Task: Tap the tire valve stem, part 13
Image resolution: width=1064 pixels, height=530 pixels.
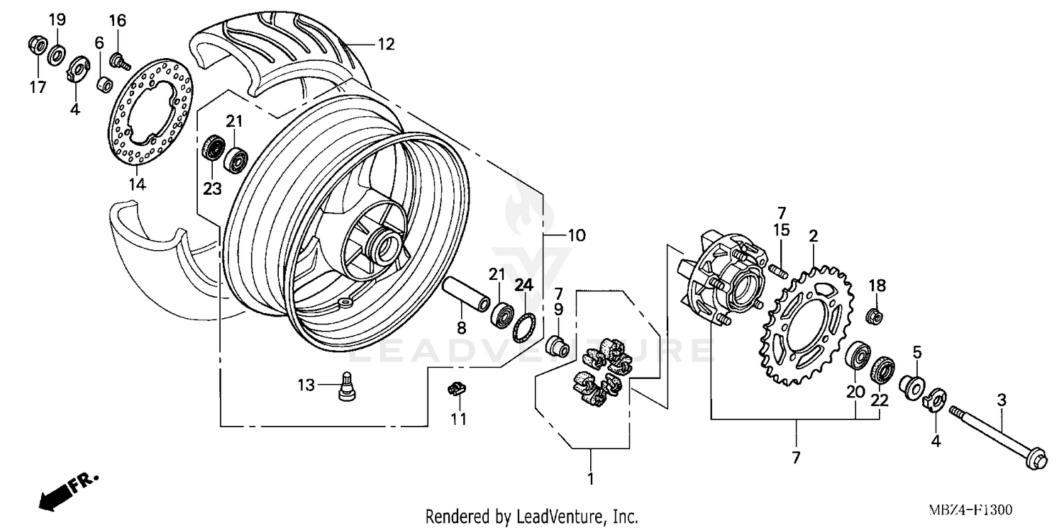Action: click(x=348, y=386)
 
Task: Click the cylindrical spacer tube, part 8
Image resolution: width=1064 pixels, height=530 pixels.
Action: click(x=465, y=298)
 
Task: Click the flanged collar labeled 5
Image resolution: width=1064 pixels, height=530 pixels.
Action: click(x=911, y=386)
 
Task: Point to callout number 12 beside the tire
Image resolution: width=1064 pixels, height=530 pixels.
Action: click(x=385, y=45)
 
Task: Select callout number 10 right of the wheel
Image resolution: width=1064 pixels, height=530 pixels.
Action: click(x=576, y=235)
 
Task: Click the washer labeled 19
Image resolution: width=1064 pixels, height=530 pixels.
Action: click(x=56, y=54)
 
